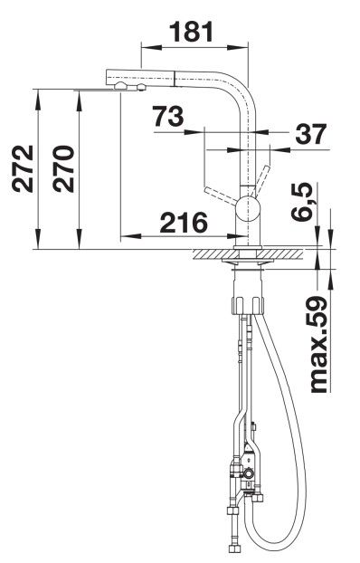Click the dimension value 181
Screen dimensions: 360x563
[x=191, y=32]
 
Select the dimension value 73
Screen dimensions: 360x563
[x=168, y=117]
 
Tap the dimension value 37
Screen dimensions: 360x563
[x=311, y=134]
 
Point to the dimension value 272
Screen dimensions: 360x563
[x=23, y=168]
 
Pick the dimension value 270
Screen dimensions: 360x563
[x=63, y=168]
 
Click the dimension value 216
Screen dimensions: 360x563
[x=184, y=223]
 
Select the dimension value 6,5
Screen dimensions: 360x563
[x=301, y=202]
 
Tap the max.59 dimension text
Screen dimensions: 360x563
[x=317, y=344]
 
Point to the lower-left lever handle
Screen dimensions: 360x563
[x=221, y=196]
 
